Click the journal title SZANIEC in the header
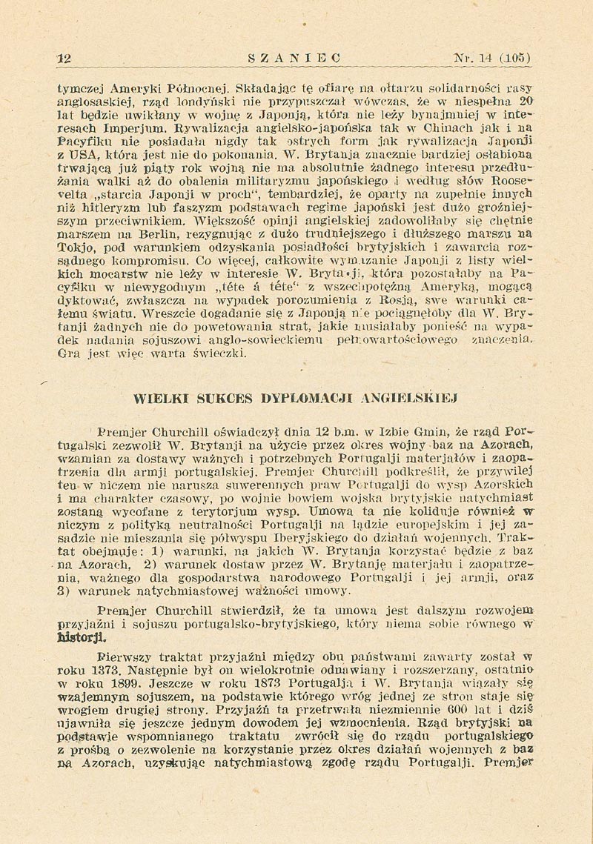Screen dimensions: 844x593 294,57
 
